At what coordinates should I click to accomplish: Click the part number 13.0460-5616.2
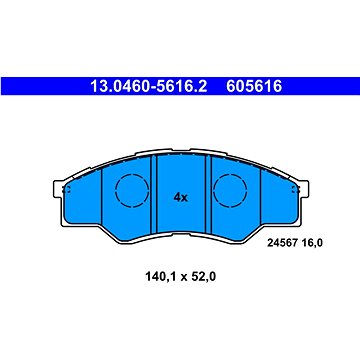pos(149,86)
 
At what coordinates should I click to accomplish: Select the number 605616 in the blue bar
pos(254,86)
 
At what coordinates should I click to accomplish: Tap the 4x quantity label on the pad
pos(181,198)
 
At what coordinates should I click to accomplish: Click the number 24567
pos(283,243)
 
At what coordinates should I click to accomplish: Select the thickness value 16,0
pos(312,243)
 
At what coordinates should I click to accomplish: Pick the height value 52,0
pos(204,276)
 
